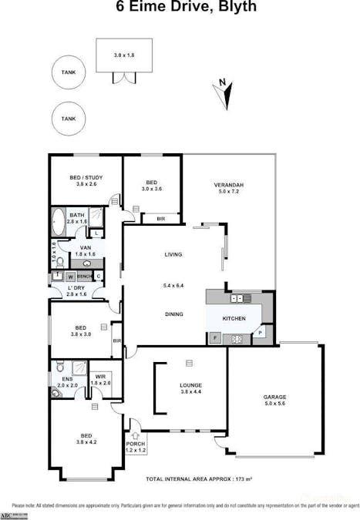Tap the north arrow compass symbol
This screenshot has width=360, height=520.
(224, 92)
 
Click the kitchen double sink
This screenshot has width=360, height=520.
(239, 298)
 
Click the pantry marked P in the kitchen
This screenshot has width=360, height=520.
(261, 332)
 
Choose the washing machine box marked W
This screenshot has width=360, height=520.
(70, 276)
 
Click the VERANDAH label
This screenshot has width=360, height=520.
(229, 186)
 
